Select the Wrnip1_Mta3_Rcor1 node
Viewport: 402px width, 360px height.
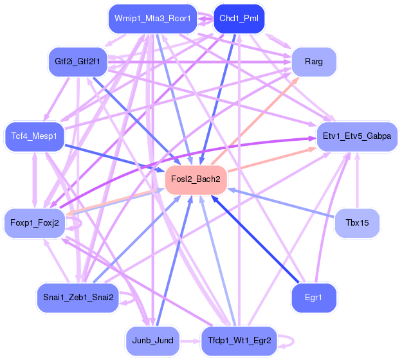point(152,18)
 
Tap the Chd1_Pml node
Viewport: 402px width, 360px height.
point(239,18)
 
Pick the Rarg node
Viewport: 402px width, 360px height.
point(314,62)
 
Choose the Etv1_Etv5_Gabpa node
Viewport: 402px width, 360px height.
point(358,137)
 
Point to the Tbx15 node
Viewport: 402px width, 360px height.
point(357,224)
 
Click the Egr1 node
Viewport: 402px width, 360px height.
point(314,298)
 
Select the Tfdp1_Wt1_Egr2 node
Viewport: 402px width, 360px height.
point(239,340)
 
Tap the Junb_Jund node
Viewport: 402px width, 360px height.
point(152,340)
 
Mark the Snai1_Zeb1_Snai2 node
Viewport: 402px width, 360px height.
point(78,297)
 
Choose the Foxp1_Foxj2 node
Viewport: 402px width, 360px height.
point(35,223)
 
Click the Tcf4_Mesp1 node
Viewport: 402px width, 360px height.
point(35,136)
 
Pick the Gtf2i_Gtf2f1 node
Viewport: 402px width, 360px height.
point(78,62)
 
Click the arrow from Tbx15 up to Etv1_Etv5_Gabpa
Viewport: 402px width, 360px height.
point(357,183)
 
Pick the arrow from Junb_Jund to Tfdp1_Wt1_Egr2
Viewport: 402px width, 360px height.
point(190,340)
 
